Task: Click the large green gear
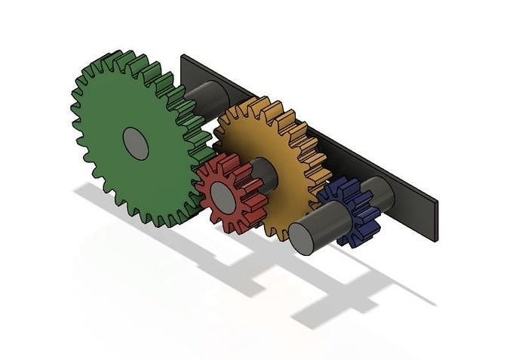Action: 113,158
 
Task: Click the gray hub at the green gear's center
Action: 136,143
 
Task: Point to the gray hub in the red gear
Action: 223,195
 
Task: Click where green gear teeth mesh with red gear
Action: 198,174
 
